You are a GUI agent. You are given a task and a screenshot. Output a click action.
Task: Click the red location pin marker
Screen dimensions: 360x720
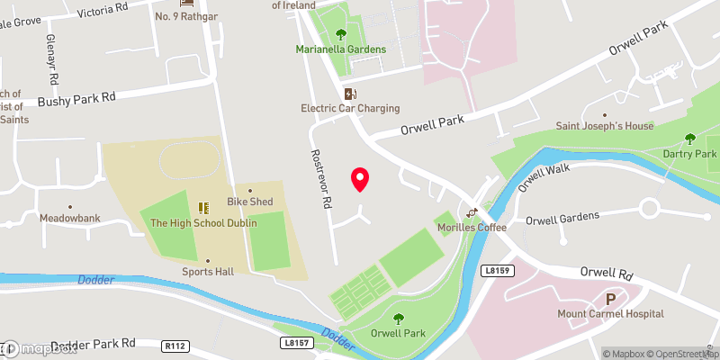click(x=360, y=179)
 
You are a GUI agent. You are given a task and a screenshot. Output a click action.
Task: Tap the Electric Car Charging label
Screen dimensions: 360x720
click(x=350, y=109)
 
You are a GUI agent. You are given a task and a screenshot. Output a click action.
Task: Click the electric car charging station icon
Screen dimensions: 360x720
click(x=350, y=94)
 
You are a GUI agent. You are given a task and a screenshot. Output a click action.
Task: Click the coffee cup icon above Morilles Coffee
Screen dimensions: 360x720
click(x=470, y=213)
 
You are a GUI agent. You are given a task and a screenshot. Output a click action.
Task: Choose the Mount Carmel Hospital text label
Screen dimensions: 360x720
click(x=610, y=314)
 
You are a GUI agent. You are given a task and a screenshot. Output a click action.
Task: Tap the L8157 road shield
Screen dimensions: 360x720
click(x=294, y=342)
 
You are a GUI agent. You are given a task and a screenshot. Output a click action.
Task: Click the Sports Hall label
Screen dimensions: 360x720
click(x=208, y=271)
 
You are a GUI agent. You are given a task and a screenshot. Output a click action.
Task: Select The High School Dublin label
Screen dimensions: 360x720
click(x=203, y=223)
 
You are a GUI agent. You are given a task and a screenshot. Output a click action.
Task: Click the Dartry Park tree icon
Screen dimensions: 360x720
click(x=690, y=139)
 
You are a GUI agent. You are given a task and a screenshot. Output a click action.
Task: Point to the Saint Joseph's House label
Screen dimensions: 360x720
click(x=605, y=126)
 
